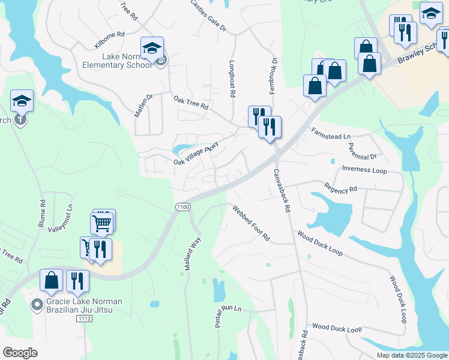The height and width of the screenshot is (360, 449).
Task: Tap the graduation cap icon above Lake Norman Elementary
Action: click(152, 47)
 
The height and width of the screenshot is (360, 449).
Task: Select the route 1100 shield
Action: click(182, 206)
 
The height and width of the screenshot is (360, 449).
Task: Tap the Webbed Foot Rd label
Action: click(252, 222)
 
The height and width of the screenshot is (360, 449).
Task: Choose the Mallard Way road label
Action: click(192, 254)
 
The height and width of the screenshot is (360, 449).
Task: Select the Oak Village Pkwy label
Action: click(196, 154)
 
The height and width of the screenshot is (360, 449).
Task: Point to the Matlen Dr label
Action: click(144, 106)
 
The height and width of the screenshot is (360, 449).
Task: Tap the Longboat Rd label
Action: click(232, 77)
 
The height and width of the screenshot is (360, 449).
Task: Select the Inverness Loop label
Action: click(364, 170)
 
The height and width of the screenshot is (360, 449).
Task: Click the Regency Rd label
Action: click(340, 188)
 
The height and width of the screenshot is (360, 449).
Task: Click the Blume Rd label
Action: click(42, 213)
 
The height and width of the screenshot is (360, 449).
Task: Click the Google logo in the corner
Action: click(20, 353)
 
